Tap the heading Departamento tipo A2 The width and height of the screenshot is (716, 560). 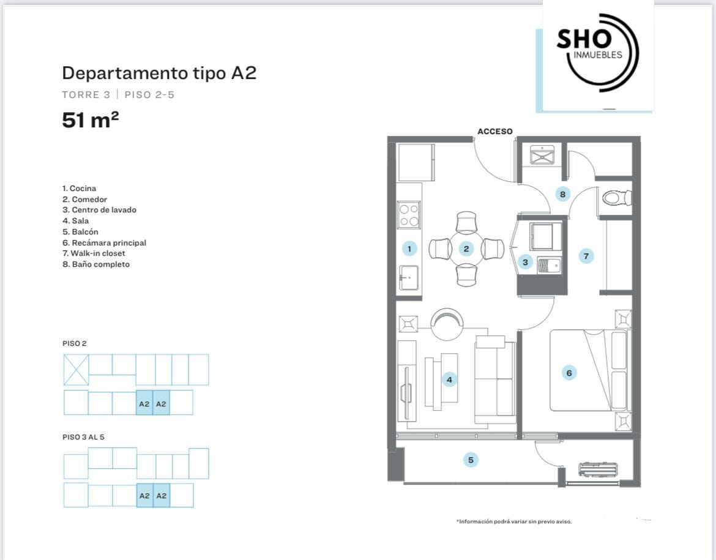point(159,73)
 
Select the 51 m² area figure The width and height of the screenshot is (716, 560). point(91,120)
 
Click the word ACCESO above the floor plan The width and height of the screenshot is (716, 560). point(495,132)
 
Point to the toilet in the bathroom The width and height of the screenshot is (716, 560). point(616,198)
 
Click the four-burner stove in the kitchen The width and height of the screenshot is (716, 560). point(409,215)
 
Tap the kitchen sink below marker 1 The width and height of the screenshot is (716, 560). point(409,277)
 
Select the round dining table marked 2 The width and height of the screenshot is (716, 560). point(466,249)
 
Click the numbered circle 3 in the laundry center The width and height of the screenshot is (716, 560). point(525,262)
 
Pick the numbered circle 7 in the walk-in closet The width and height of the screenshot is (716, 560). point(586,256)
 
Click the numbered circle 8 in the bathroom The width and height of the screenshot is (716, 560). point(562,195)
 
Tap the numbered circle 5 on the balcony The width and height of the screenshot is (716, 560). point(471,460)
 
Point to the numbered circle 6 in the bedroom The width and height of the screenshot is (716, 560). point(569,373)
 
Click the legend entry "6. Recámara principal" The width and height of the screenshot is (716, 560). point(104,243)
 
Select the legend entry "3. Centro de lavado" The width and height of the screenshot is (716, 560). point(99,210)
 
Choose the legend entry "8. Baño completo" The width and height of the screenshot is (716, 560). point(96,264)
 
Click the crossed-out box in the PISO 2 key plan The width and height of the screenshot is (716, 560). point(76,370)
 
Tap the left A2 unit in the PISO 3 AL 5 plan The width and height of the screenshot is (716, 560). point(145,496)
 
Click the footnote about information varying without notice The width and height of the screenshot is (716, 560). point(514,521)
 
